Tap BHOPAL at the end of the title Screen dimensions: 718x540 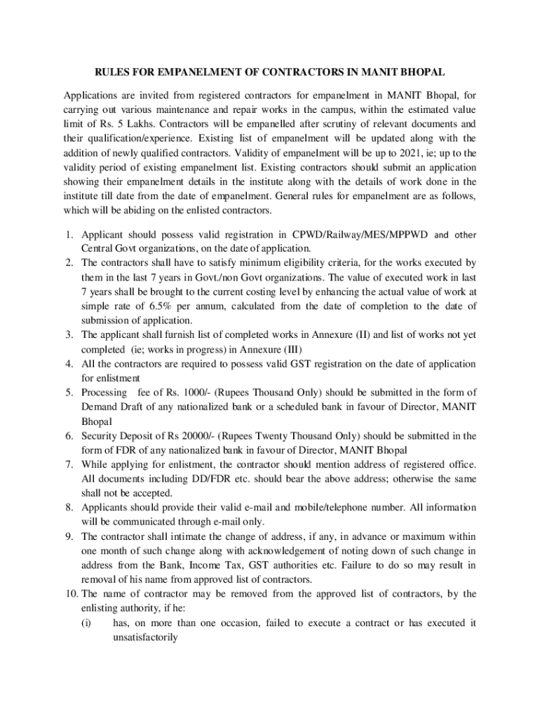[423, 72]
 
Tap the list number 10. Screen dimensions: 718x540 [69, 593]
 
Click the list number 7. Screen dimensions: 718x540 [69, 464]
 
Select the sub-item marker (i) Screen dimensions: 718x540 [86, 622]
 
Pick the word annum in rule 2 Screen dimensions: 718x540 [227, 306]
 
